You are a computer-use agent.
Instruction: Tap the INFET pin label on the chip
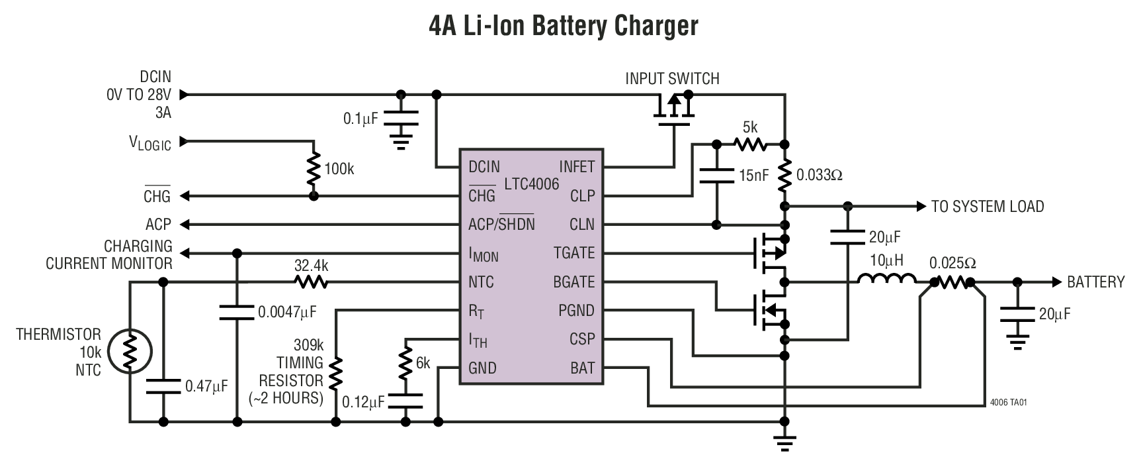click(577, 167)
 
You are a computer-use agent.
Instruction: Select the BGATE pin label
click(573, 282)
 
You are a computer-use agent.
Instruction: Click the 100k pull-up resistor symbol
click(314, 170)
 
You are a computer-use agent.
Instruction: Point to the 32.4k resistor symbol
click(311, 283)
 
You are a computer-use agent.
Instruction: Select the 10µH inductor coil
click(886, 280)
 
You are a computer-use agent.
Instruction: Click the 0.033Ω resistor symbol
click(784, 175)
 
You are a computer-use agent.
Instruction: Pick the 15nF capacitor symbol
click(716, 175)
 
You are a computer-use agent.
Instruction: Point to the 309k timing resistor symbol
click(336, 374)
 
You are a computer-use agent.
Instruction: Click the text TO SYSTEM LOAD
click(987, 207)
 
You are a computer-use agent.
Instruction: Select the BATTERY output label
click(1095, 282)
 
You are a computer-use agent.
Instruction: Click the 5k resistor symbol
click(749, 144)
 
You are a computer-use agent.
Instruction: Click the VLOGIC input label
click(149, 142)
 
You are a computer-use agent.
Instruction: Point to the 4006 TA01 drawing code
click(1008, 402)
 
